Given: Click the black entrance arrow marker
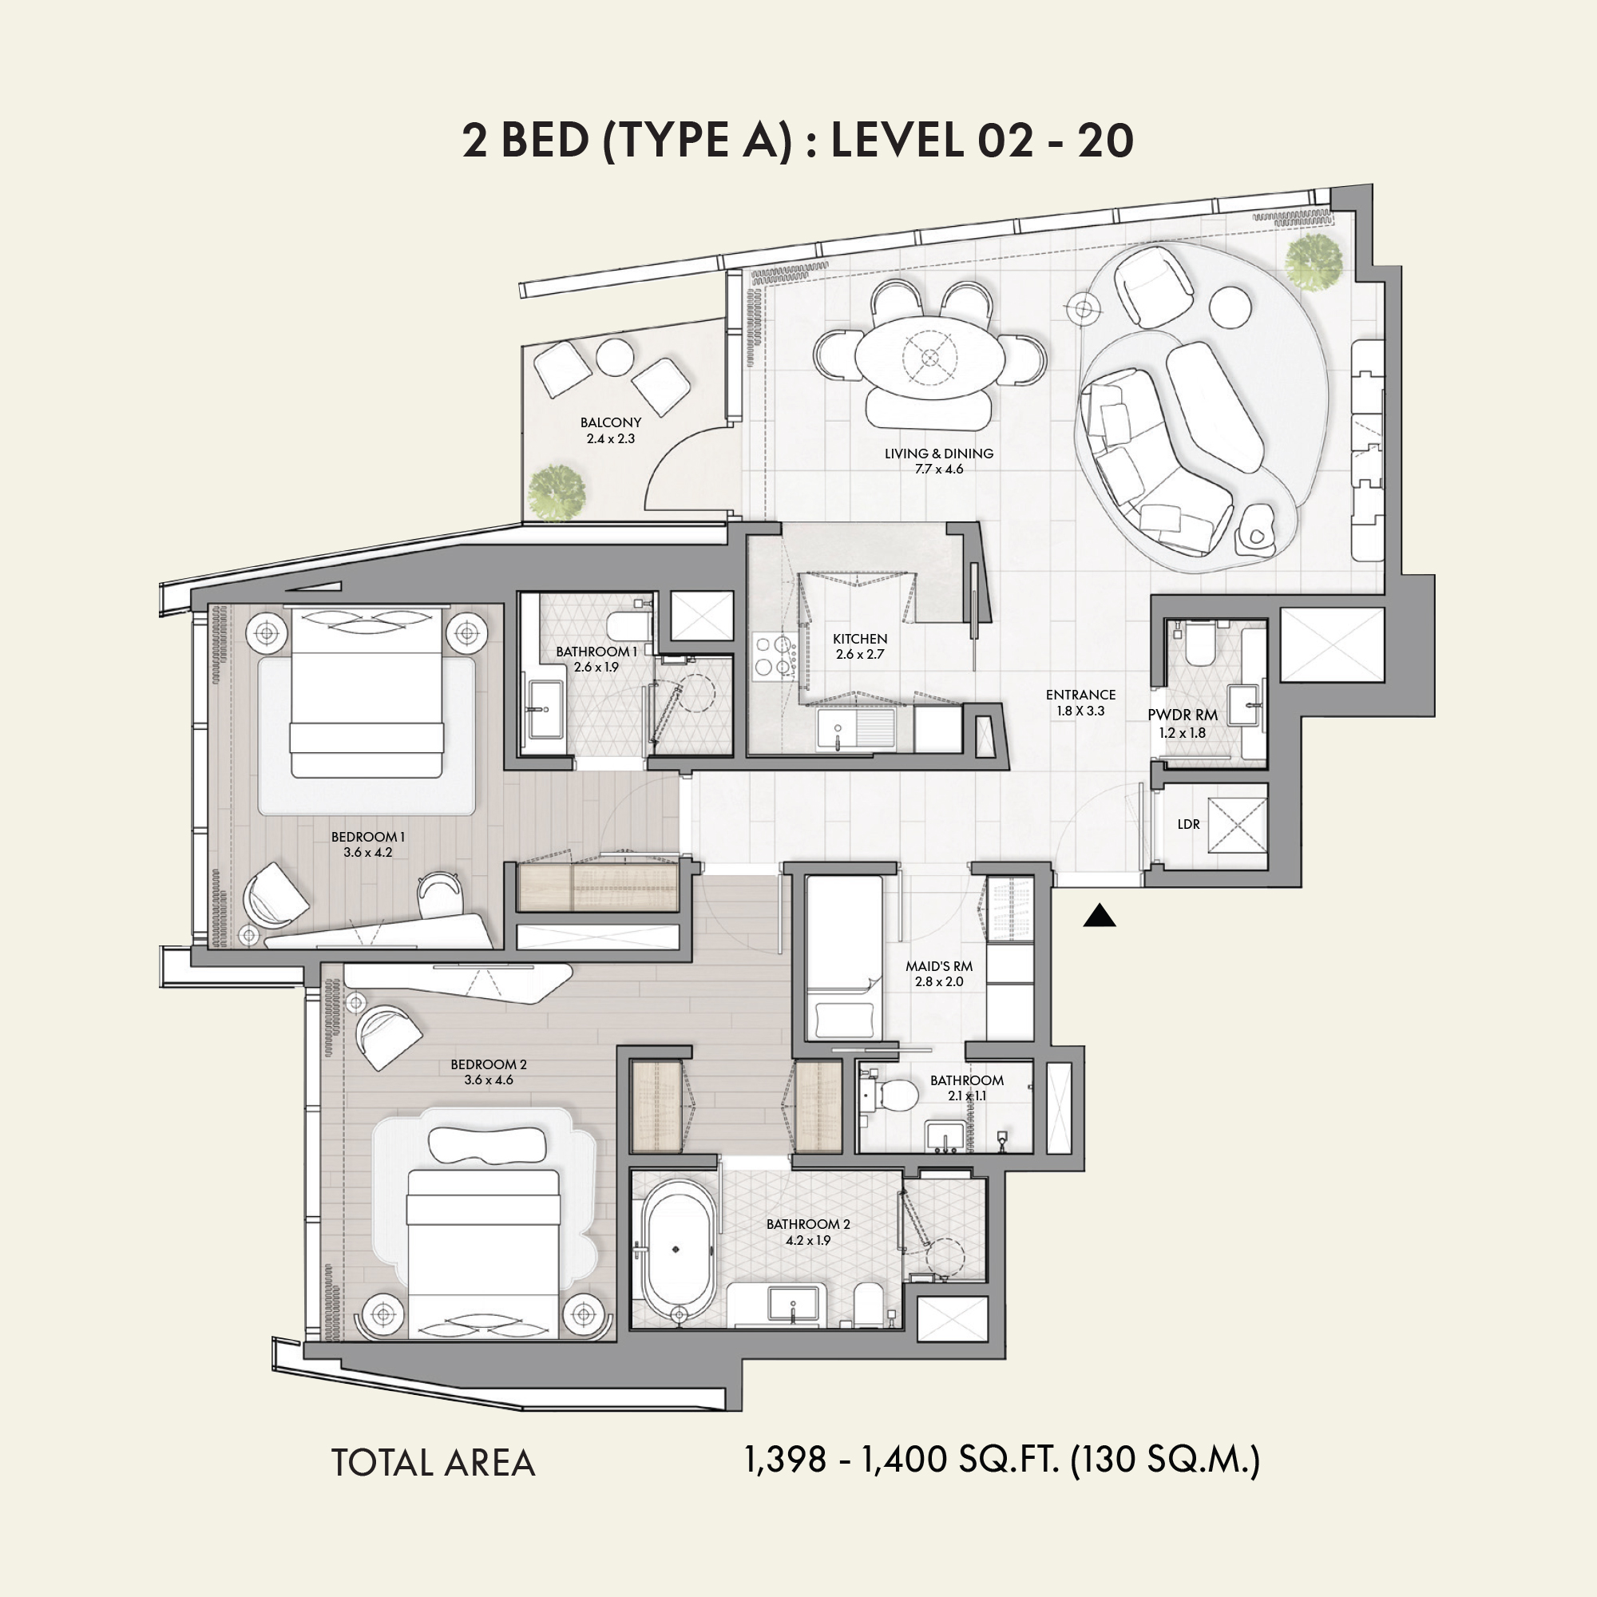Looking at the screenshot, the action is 1100,916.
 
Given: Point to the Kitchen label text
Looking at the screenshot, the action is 860,639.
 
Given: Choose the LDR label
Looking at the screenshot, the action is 1189,824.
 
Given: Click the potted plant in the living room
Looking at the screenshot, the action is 1314,260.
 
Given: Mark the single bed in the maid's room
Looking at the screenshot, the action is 844,957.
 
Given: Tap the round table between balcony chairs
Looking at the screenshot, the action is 615,356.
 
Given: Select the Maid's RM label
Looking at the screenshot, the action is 939,966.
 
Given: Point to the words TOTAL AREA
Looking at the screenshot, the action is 433,1463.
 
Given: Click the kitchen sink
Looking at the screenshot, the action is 838,729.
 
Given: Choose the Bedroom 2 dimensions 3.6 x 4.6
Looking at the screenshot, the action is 489,1080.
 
